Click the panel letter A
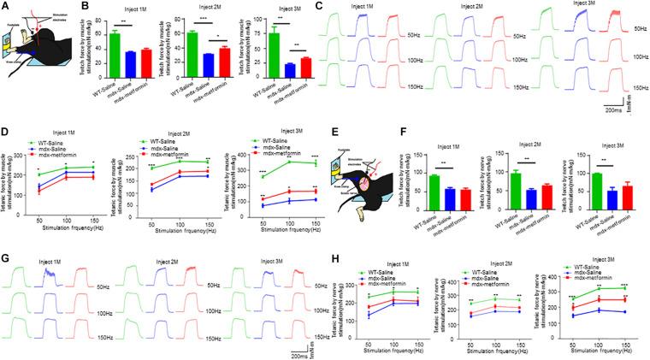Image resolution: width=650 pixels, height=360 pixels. pos(5,7)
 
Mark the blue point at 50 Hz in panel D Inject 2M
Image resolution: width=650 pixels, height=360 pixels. pos(151,189)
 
